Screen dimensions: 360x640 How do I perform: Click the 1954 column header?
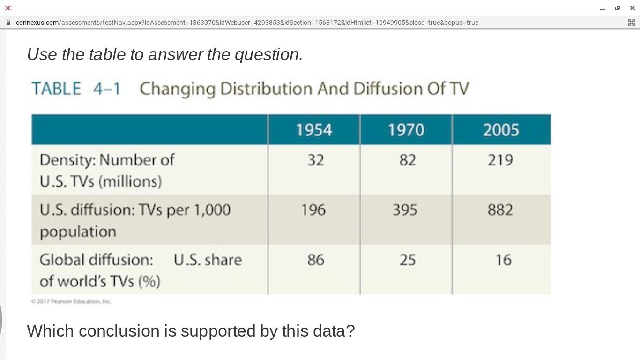(x=313, y=130)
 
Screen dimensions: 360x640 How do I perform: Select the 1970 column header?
(x=406, y=130)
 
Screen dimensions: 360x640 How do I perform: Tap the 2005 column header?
(x=501, y=130)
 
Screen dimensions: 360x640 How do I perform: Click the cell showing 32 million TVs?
(x=315, y=160)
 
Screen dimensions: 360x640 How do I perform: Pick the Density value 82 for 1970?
(x=407, y=160)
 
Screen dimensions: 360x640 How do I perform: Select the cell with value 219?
(x=500, y=160)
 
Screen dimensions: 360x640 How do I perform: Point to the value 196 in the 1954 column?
(x=313, y=210)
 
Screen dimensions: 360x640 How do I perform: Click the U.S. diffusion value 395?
(x=405, y=210)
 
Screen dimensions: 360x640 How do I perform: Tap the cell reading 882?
(x=500, y=210)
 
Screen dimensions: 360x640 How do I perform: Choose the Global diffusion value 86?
(x=315, y=260)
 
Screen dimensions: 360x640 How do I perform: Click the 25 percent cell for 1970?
(x=407, y=260)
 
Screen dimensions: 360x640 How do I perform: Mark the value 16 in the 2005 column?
(x=503, y=260)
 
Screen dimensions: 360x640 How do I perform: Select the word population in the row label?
(x=78, y=232)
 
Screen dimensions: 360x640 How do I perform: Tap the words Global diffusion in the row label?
(x=96, y=260)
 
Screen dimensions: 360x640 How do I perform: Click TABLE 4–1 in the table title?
(x=76, y=89)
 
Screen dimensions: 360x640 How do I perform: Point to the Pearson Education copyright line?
(x=71, y=301)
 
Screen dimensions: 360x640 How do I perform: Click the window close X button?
(x=632, y=8)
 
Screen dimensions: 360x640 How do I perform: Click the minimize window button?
(x=603, y=8)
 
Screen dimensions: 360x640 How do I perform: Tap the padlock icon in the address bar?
(x=8, y=22)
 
